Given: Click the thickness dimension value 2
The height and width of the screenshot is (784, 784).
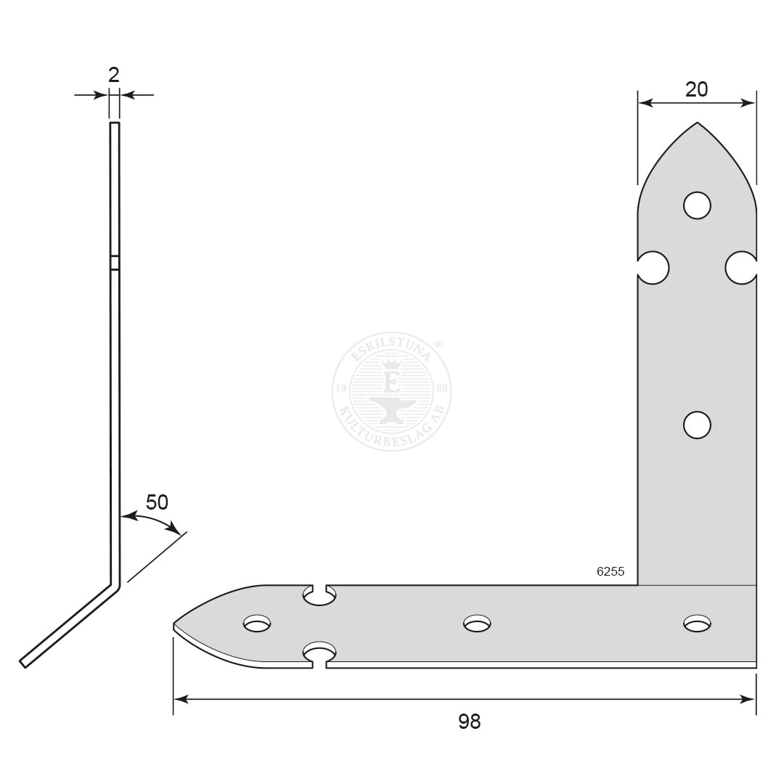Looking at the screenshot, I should pyautogui.click(x=114, y=75).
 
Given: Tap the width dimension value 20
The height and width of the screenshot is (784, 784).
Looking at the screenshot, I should pyautogui.click(x=696, y=89).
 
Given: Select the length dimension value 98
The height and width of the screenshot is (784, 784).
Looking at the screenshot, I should pyautogui.click(x=470, y=722).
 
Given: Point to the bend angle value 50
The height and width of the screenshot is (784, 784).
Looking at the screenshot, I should pyautogui.click(x=157, y=502).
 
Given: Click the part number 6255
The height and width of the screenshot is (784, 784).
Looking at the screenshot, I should pyautogui.click(x=611, y=571).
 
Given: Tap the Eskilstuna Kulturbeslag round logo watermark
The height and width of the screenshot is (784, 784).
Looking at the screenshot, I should pyautogui.click(x=392, y=393).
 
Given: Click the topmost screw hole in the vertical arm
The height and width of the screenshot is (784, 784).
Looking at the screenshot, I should pyautogui.click(x=697, y=205).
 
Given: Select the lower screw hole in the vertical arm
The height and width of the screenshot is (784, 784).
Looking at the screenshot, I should pyautogui.click(x=697, y=425).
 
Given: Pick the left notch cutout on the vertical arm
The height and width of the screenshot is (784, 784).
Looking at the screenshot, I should pyautogui.click(x=653, y=268).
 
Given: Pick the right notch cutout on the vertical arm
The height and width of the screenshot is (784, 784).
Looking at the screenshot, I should pyautogui.click(x=741, y=268).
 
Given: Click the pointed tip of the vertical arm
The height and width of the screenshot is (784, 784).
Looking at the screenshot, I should pyautogui.click(x=697, y=123).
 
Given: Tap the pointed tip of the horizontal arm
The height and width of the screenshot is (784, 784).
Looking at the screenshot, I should pyautogui.click(x=175, y=624).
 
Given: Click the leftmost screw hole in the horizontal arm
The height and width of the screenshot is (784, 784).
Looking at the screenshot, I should pyautogui.click(x=257, y=623).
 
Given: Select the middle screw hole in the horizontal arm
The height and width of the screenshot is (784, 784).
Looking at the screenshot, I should pyautogui.click(x=477, y=623).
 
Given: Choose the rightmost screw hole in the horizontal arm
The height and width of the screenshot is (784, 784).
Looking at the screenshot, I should pyautogui.click(x=698, y=623).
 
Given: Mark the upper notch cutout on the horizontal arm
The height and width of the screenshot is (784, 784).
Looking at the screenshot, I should pyautogui.click(x=319, y=595).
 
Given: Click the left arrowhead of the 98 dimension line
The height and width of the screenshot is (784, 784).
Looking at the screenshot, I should pyautogui.click(x=181, y=699).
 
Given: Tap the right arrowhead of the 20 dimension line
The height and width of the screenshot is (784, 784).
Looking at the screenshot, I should pyautogui.click(x=749, y=103).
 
